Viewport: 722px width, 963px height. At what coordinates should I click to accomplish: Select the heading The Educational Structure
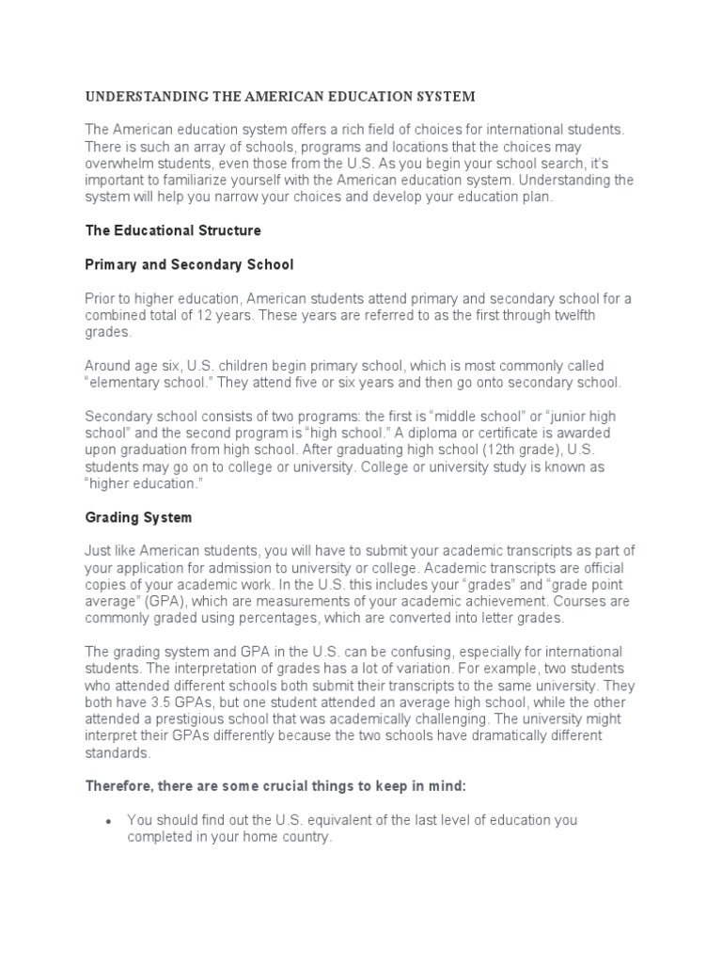coord(173,230)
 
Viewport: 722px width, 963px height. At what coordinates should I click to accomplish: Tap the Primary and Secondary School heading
coord(190,264)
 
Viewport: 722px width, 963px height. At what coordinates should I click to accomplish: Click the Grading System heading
coord(139,517)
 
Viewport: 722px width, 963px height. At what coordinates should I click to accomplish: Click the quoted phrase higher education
coord(143,483)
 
